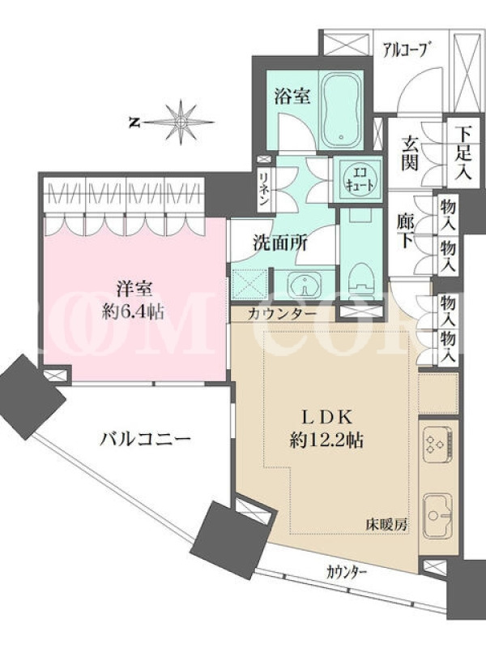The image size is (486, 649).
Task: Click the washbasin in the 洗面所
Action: [x=305, y=286]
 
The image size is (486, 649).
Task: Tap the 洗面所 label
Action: [x=280, y=243]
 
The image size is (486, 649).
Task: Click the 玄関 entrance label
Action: [x=410, y=153]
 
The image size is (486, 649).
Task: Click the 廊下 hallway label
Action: [x=407, y=230]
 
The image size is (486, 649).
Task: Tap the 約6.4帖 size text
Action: [x=133, y=311]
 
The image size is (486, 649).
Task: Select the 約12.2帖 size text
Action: [x=326, y=441]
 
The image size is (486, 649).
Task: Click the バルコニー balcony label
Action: [x=145, y=438]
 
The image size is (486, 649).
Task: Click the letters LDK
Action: [x=326, y=417]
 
